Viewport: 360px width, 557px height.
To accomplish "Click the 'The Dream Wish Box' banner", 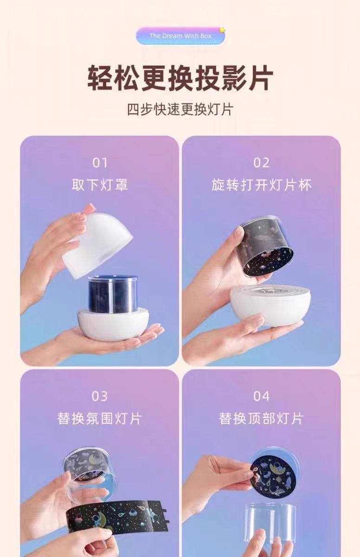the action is (x=180, y=36).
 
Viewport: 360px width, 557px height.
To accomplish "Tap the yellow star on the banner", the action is (x=222, y=30).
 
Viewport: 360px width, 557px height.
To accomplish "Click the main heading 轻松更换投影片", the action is (x=180, y=78).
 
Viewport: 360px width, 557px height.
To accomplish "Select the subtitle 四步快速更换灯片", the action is (x=180, y=109).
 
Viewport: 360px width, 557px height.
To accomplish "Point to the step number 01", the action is (x=100, y=163).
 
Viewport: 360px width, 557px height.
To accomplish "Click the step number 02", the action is (x=261, y=163).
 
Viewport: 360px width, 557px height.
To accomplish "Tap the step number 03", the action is (x=100, y=396).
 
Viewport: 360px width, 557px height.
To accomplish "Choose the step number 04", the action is (x=261, y=396).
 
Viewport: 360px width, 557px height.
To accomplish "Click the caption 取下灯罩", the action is (x=100, y=185).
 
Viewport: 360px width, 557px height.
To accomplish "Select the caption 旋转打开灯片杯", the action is (x=261, y=185).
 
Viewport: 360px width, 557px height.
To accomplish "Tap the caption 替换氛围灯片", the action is (x=100, y=419).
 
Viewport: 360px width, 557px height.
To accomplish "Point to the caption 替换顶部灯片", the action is (x=261, y=419).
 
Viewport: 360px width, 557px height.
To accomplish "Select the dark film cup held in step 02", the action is (x=267, y=250).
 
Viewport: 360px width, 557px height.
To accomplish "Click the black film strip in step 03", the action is (x=117, y=516).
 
